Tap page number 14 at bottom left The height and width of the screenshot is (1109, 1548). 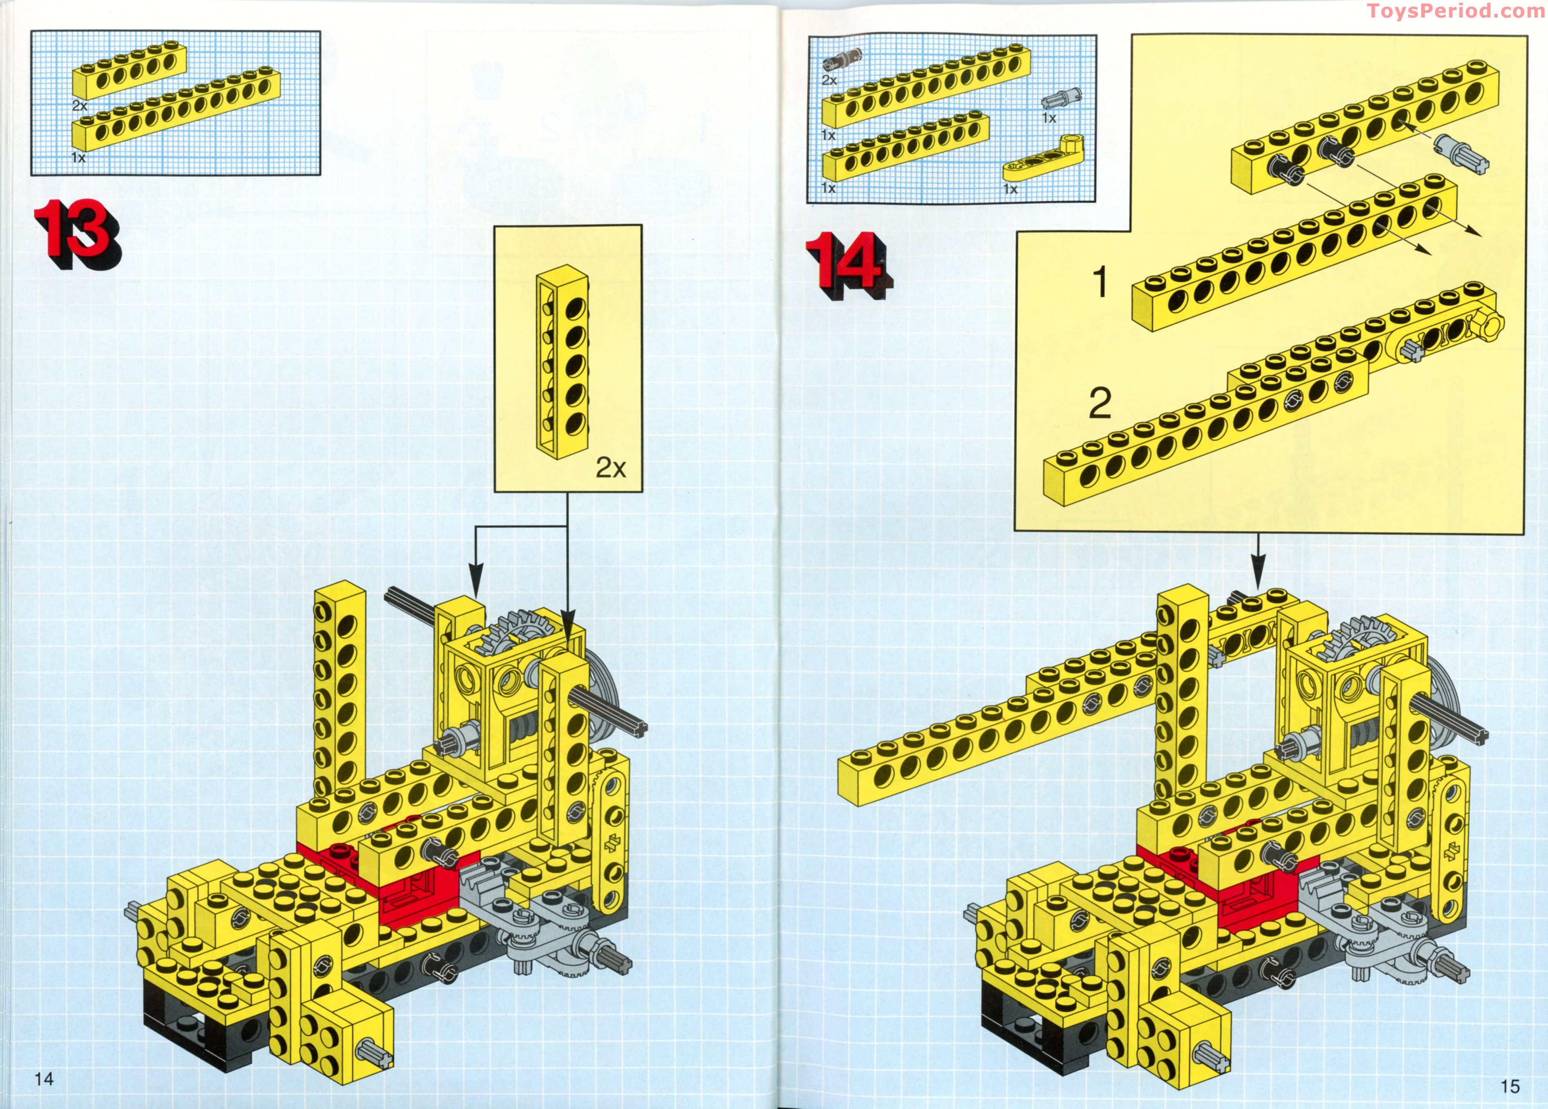coord(44,1078)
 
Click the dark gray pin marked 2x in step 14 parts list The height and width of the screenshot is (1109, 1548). coord(842,60)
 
